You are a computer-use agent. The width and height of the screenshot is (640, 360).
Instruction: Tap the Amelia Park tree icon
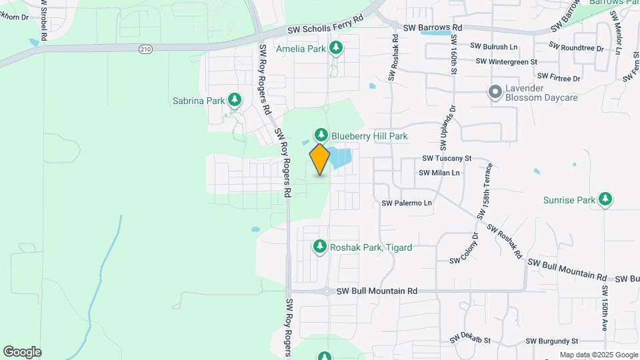coord(337,48)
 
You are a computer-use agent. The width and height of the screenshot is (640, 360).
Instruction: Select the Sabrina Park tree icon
coord(234,101)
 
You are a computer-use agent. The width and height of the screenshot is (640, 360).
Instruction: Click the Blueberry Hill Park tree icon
coord(321,135)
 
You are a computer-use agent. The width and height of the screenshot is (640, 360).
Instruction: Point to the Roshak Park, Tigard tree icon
coord(320,247)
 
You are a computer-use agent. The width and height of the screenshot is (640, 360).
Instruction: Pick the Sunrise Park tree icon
coord(605,199)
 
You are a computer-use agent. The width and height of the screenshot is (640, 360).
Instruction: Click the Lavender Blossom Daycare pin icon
coord(495,93)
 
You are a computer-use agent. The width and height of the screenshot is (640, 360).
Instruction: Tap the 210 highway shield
coord(146,49)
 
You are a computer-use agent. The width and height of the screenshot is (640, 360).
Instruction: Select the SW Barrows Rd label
coord(433,28)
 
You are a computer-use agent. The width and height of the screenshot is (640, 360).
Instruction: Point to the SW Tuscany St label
coord(447,159)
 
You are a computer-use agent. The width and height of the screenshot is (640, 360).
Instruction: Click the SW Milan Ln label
coord(439,173)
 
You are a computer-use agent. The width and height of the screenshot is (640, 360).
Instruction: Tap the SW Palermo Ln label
coord(407,203)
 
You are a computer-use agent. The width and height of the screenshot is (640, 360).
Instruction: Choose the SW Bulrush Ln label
coord(493,47)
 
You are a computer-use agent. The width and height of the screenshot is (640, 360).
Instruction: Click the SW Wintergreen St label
coord(507,62)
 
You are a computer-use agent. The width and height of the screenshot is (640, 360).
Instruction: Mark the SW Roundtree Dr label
coord(576,48)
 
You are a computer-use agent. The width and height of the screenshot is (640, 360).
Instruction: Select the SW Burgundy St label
coord(551,341)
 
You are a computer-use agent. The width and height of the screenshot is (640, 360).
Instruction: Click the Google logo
coord(22,352)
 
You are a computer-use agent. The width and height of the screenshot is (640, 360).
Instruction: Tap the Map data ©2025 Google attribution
coord(598,355)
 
